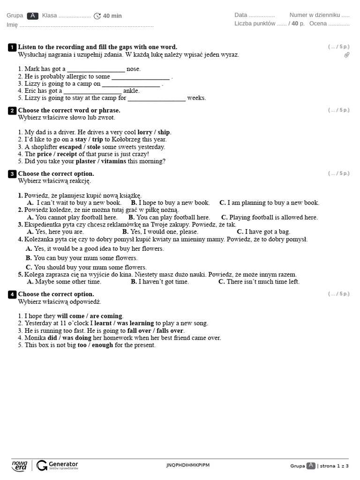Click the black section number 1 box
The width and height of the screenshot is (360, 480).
(x=12, y=47)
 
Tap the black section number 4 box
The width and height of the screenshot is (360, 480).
(x=12, y=294)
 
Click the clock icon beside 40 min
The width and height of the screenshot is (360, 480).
(x=97, y=16)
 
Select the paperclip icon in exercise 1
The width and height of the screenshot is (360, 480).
(x=347, y=55)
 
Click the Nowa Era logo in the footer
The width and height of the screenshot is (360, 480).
(x=20, y=465)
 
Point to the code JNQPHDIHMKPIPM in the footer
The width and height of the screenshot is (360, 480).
(x=188, y=465)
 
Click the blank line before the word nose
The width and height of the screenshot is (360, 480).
(x=96, y=69)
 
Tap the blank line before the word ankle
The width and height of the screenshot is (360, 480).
(x=92, y=91)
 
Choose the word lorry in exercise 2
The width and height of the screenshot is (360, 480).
(x=145, y=132)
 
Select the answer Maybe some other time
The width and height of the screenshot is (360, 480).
(x=68, y=282)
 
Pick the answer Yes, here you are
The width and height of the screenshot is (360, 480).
(x=60, y=232)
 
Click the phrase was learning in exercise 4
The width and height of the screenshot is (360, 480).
(x=135, y=323)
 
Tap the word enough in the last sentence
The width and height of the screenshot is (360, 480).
(x=102, y=345)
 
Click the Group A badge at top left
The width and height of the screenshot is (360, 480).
(x=32, y=16)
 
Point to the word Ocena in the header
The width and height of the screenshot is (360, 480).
(x=318, y=23)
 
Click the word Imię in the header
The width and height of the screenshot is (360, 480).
(x=12, y=25)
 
